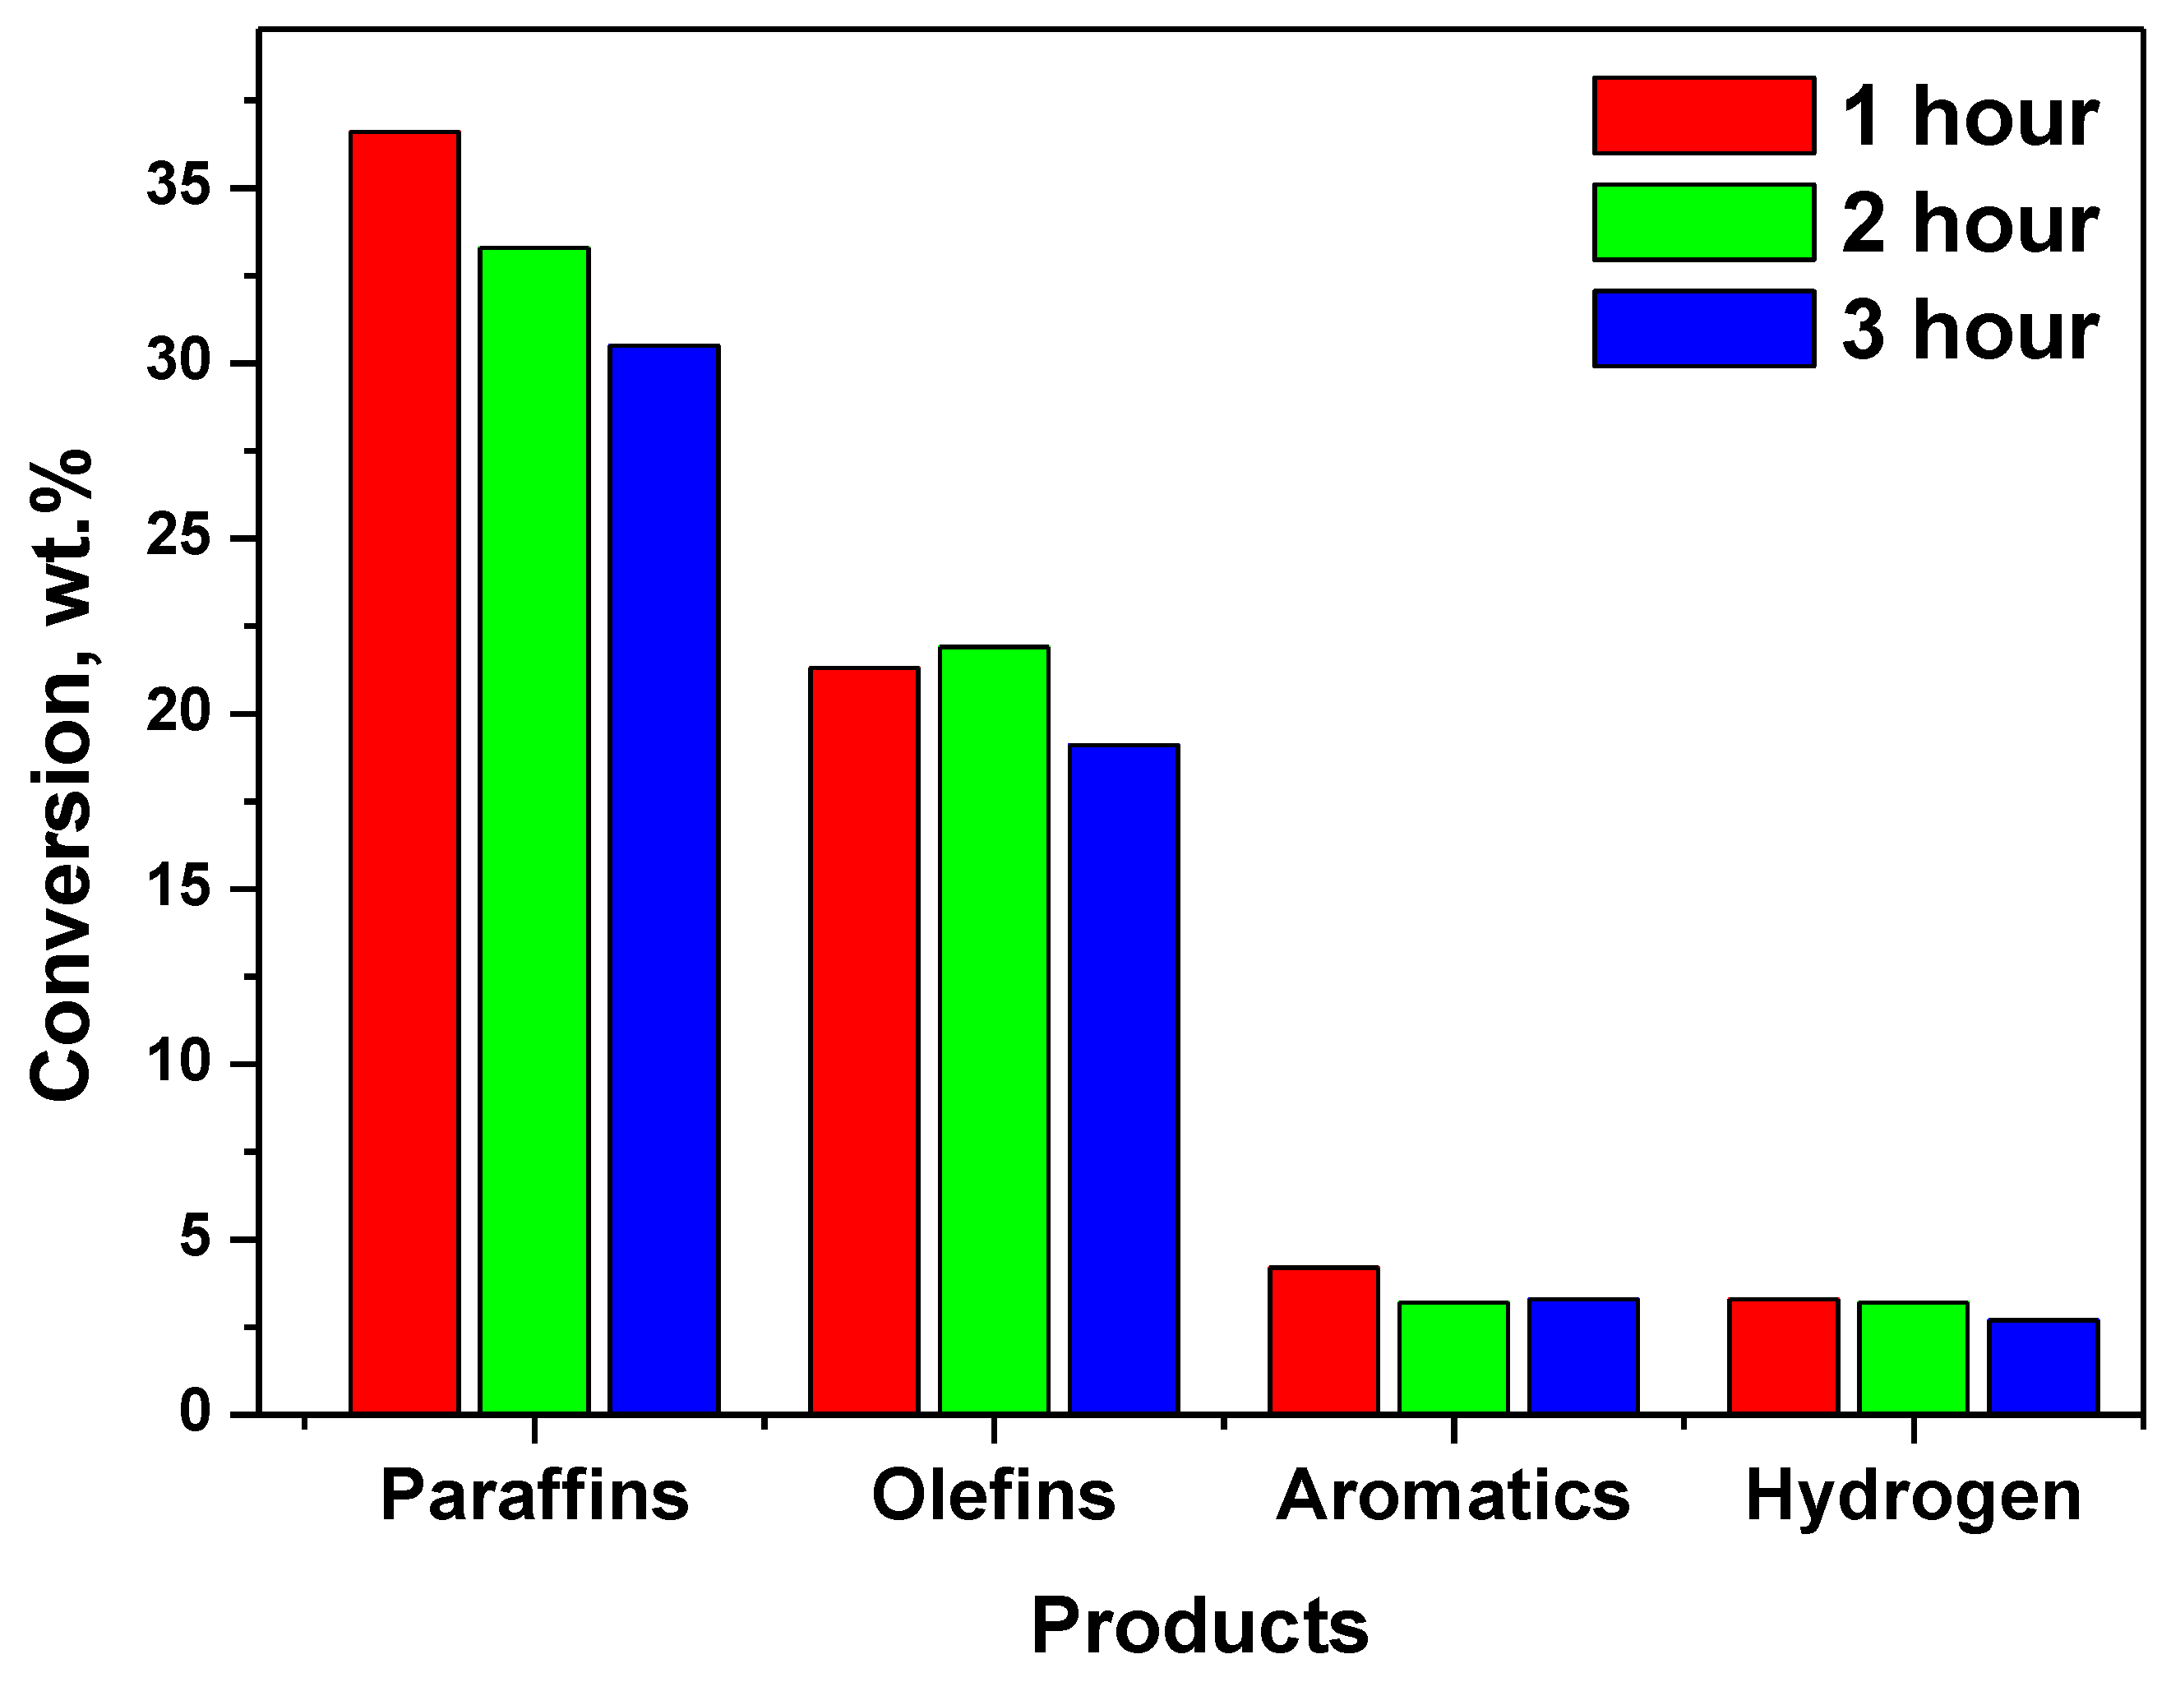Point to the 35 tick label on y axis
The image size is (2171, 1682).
click(179, 188)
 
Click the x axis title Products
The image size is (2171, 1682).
click(1200, 1626)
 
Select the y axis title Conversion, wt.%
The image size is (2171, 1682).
click(62, 775)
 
